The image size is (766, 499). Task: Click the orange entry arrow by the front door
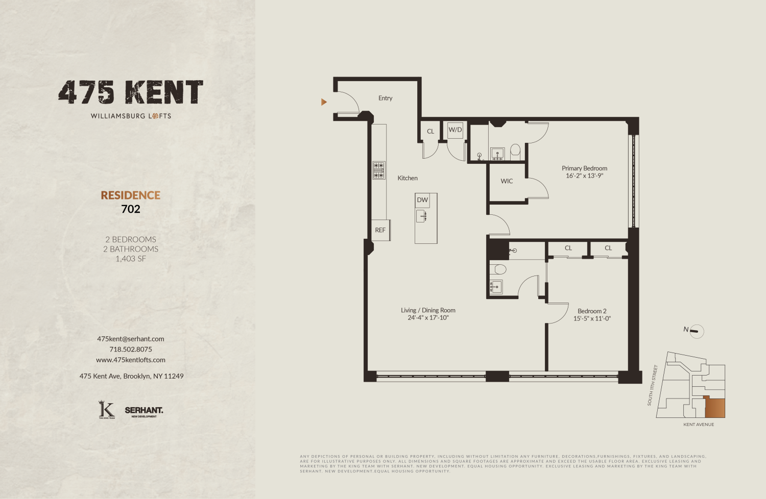(324, 102)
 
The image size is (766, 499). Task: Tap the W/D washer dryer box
(455, 130)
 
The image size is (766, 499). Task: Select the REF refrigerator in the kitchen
(380, 230)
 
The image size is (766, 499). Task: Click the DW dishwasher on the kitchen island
(422, 200)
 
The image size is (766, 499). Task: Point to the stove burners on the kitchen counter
(378, 170)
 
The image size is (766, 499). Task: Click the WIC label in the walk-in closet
(507, 181)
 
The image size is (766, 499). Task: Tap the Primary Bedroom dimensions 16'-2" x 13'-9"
(584, 176)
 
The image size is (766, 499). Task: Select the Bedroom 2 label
(592, 311)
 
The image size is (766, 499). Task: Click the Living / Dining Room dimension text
(428, 318)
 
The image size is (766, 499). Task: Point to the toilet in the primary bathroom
(515, 151)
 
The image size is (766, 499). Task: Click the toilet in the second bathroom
(498, 269)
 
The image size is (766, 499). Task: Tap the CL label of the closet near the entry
(430, 132)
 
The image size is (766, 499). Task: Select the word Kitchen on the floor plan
(408, 178)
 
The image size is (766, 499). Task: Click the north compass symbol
(696, 331)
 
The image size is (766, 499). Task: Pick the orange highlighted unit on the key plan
(715, 408)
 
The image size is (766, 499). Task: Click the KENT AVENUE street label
(699, 425)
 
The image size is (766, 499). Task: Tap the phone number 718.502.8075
(131, 350)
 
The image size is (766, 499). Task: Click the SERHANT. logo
(144, 411)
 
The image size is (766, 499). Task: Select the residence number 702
(131, 209)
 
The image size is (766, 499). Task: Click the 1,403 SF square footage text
(131, 259)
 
